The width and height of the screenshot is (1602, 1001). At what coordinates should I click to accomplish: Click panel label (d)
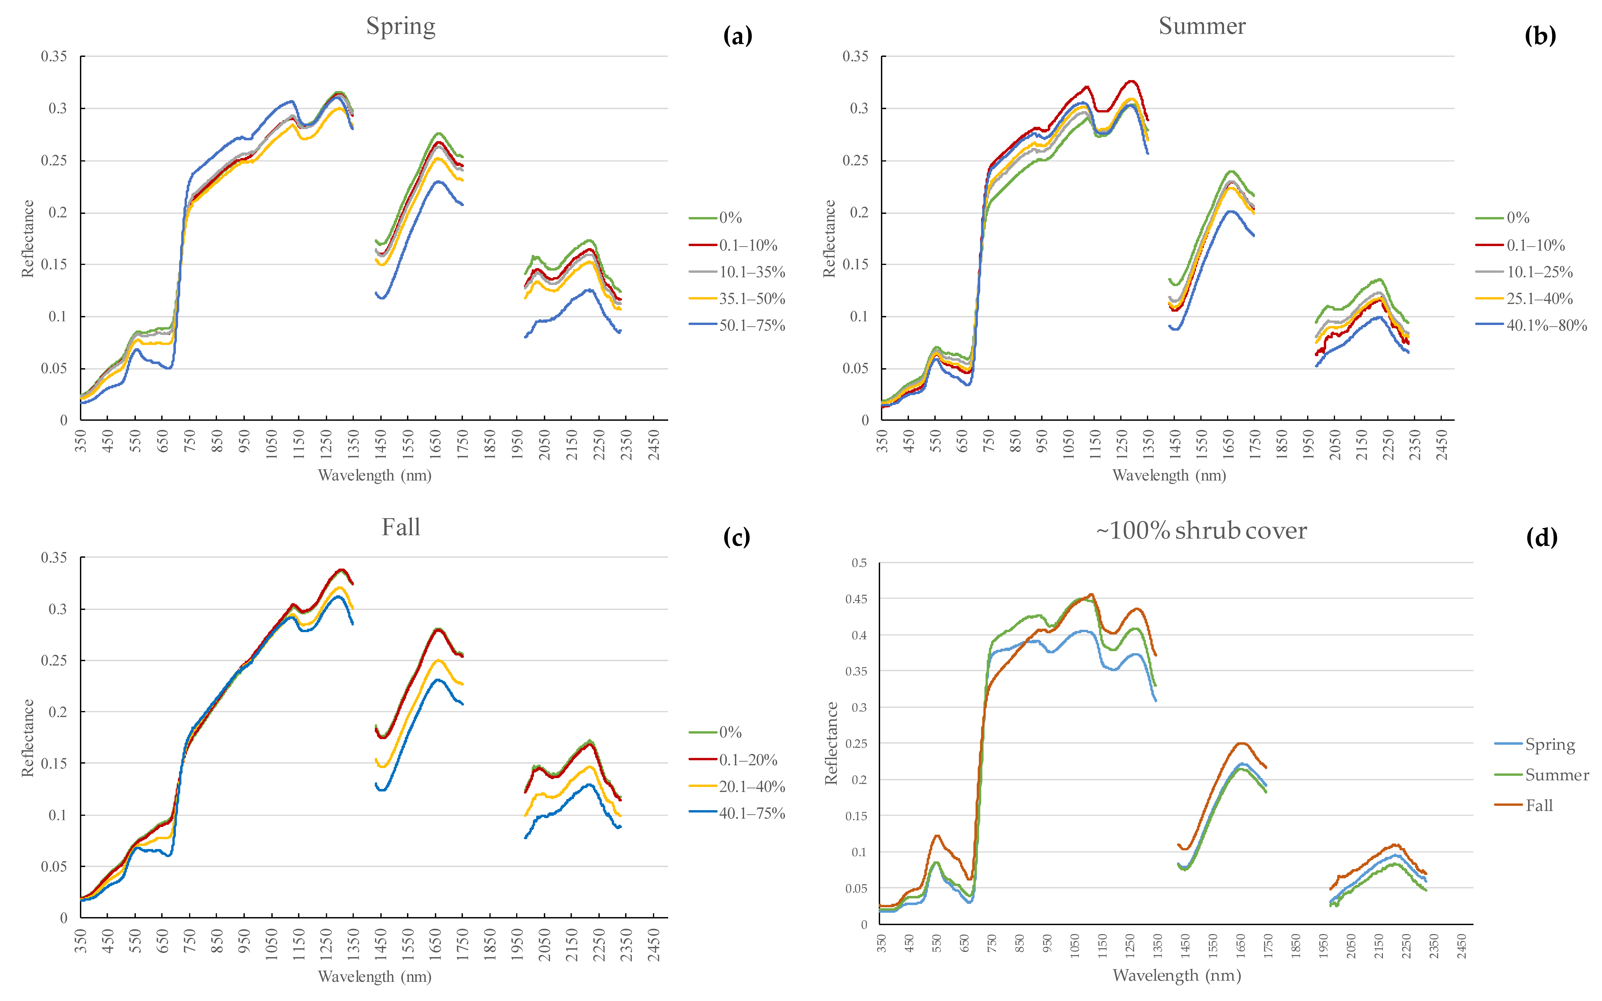click(1541, 538)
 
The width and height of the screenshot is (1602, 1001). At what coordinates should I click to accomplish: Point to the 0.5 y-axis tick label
click(859, 563)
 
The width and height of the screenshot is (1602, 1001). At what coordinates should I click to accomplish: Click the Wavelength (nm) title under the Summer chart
click(1169, 475)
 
